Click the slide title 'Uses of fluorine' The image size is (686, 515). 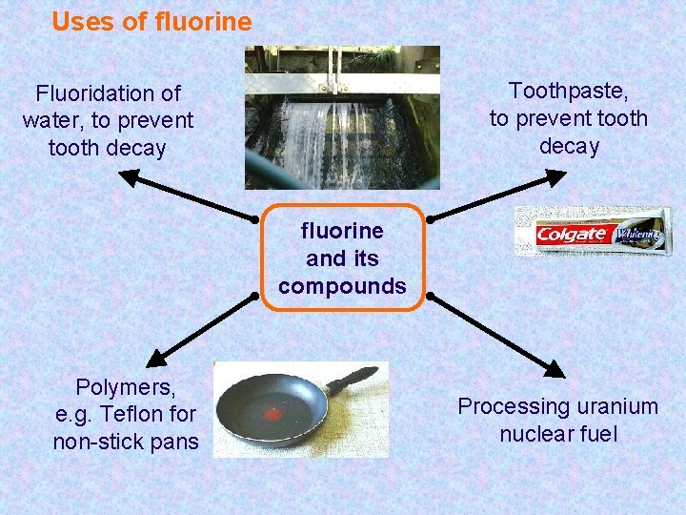[x=151, y=22]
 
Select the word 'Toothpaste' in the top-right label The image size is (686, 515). [x=566, y=91]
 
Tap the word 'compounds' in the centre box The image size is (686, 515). [x=342, y=286]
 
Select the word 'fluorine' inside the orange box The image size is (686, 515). [x=342, y=231]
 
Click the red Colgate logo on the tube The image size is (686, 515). [x=571, y=235]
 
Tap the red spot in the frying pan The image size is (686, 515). [x=273, y=414]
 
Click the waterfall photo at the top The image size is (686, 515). [x=342, y=117]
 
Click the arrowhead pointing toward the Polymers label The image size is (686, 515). [x=153, y=360]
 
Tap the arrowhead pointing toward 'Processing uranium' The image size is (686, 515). [x=554, y=368]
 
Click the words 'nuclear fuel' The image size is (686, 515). [x=558, y=434]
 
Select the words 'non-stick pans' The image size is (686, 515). [x=126, y=442]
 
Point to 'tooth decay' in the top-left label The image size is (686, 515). [x=107, y=149]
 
